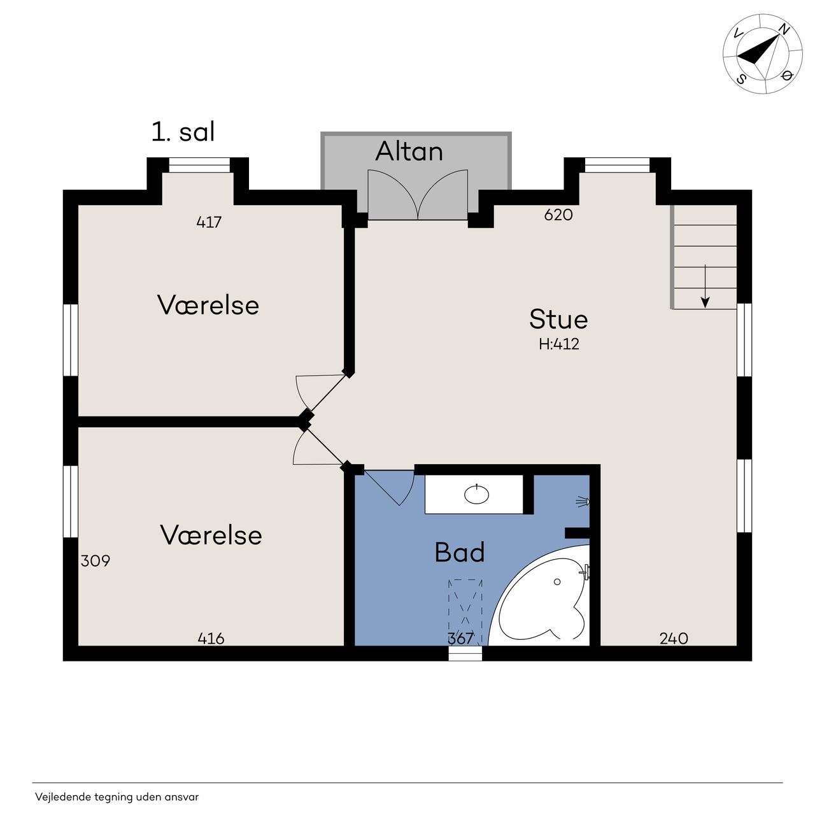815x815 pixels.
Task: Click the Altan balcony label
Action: tap(409, 151)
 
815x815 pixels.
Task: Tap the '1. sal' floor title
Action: tap(183, 132)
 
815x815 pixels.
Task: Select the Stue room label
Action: tap(558, 319)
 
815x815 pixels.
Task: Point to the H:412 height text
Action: tap(558, 344)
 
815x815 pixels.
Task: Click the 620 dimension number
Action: tap(558, 215)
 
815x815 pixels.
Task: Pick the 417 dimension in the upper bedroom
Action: tap(209, 222)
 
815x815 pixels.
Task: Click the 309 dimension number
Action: tap(96, 561)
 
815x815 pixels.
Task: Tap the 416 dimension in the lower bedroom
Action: tap(211, 638)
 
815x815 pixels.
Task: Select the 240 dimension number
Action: tap(674, 638)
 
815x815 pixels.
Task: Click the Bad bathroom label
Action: tap(460, 553)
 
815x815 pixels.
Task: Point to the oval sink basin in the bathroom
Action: tap(477, 494)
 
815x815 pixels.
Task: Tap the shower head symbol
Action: tap(583, 502)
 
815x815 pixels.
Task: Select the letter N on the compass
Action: tap(784, 29)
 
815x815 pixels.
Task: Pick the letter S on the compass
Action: tap(741, 78)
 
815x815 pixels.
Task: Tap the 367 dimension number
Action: tap(460, 638)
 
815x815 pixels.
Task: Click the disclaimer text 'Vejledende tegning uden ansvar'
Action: tap(117, 797)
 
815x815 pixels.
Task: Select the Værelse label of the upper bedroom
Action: tap(208, 305)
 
